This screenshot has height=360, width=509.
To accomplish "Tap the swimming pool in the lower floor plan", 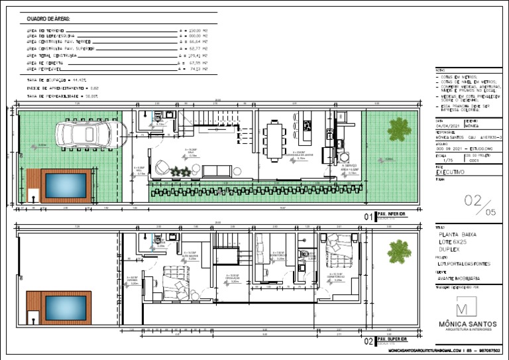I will tap(64, 186).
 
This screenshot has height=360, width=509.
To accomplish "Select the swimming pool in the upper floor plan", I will tap(64, 307).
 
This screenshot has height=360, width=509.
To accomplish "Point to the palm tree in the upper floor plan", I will tap(399, 251).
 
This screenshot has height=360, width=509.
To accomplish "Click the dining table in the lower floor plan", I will tap(274, 141).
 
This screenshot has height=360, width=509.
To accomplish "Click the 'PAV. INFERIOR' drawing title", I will tap(390, 215).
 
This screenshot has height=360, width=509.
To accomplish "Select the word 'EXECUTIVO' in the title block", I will tap(450, 172).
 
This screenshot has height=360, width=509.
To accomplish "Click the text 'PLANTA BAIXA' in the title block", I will tap(458, 234).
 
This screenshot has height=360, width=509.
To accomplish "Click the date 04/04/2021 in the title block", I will tap(447, 126).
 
